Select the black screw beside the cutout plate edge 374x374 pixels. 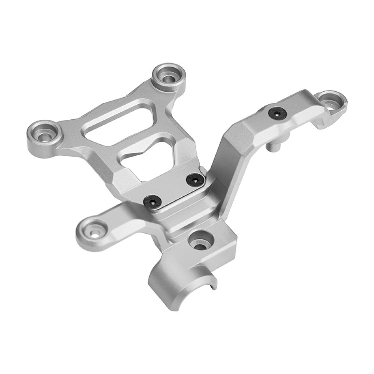(x=196, y=180)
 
